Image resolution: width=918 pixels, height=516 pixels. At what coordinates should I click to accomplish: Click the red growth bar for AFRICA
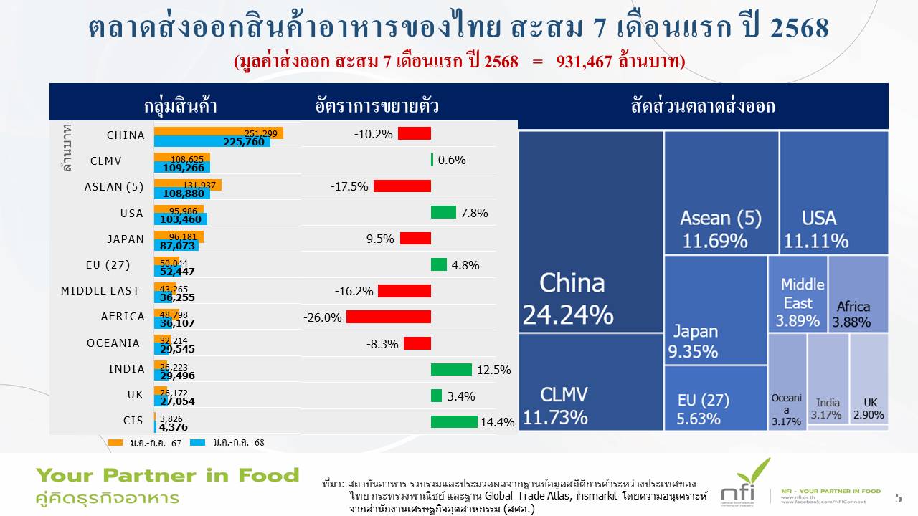388,317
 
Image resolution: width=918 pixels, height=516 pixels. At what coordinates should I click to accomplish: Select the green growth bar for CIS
454,421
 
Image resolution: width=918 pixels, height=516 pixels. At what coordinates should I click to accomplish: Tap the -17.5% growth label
349,186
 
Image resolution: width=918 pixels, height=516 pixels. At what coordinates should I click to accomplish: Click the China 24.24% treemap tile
590,231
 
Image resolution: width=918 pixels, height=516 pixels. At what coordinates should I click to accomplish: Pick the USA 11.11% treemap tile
833,192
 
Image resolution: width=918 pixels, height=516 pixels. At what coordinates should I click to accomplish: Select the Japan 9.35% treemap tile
715,310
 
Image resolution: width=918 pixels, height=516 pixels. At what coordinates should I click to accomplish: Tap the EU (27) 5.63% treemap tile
715,398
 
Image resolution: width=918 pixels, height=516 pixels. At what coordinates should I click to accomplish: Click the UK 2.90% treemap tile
869,380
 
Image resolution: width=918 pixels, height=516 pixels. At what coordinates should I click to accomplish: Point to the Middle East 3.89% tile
798,294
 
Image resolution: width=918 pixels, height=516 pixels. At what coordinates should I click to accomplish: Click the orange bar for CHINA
218,133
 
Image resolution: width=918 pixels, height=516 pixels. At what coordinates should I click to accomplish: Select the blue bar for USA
180,219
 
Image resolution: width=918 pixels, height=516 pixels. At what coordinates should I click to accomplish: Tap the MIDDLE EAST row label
100,291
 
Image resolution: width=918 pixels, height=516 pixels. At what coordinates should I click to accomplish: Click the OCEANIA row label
113,343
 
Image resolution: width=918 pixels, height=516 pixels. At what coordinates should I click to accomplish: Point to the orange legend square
116,442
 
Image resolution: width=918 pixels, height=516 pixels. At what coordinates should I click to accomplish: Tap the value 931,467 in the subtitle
584,62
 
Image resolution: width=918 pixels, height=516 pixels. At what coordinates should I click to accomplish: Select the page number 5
899,498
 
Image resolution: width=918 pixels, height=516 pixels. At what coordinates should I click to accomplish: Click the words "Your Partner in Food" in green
168,475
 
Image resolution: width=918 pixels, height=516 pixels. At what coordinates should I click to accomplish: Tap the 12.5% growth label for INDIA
494,370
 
